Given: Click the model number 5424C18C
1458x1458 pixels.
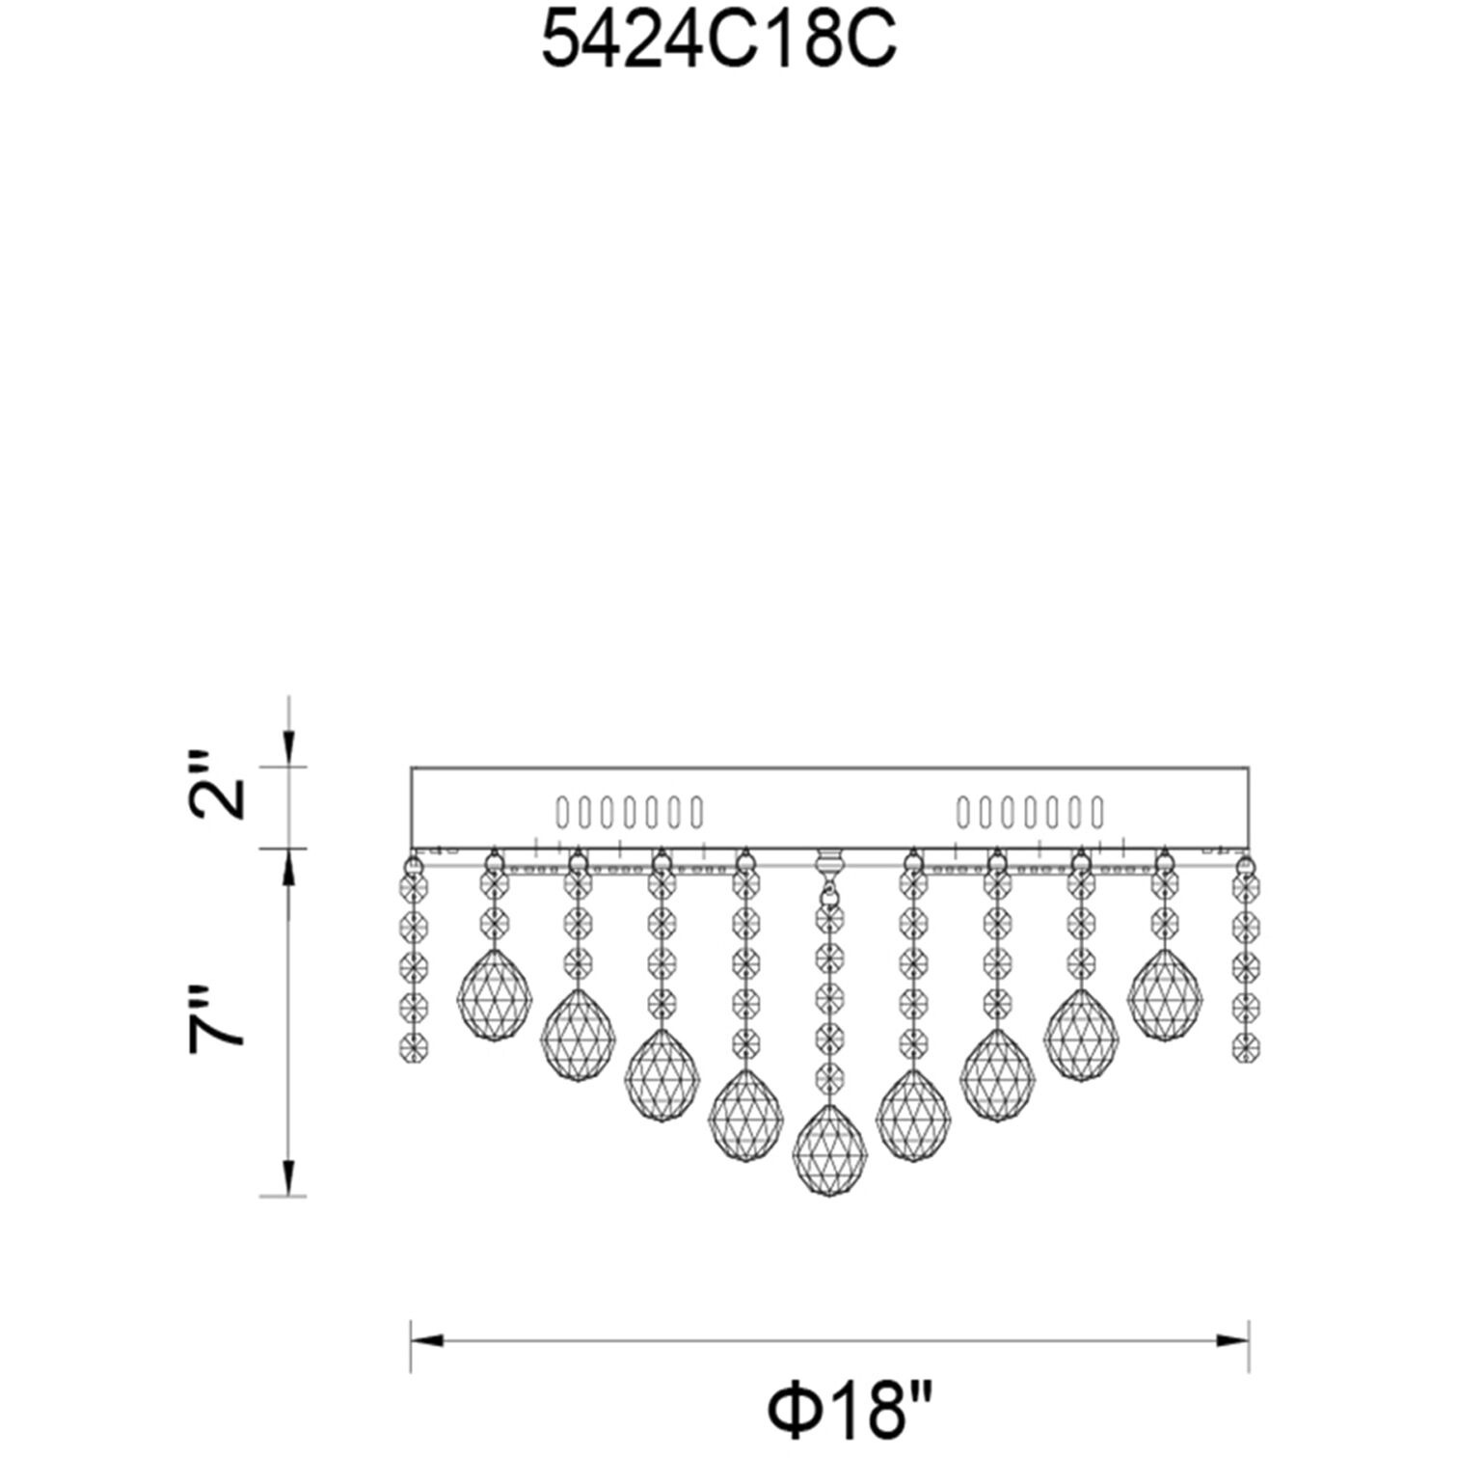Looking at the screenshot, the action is [719, 43].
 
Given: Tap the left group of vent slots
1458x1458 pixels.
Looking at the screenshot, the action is [629, 813].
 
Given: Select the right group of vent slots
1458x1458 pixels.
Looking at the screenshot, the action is [1029, 813].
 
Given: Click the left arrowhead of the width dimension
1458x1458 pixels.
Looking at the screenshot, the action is [426, 1341].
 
